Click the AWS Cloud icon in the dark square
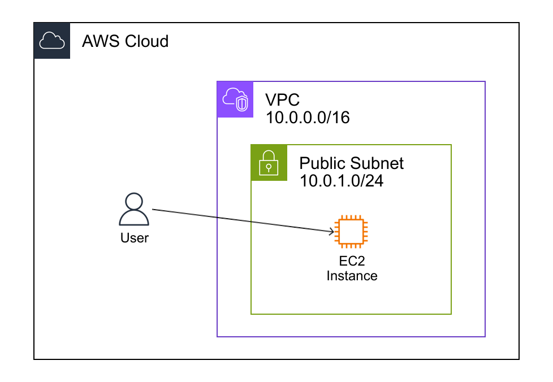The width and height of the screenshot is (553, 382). (x=52, y=41)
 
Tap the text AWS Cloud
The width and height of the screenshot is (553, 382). (x=125, y=41)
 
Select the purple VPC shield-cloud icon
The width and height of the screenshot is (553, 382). (x=235, y=99)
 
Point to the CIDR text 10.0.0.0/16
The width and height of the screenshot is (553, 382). (x=309, y=118)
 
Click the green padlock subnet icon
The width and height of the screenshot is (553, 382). (x=269, y=163)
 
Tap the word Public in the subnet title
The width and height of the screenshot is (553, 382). (x=322, y=163)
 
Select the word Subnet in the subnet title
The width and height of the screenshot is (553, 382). (x=377, y=163)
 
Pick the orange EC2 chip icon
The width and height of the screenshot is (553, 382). (x=351, y=232)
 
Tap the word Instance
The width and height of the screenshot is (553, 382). (x=351, y=276)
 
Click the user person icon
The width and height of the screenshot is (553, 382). (x=134, y=210)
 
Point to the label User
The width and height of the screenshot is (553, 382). (x=134, y=238)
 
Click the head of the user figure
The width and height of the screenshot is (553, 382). (x=134, y=201)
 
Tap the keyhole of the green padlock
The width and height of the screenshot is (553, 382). (x=269, y=167)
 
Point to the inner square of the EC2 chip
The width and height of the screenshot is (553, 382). (x=351, y=232)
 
